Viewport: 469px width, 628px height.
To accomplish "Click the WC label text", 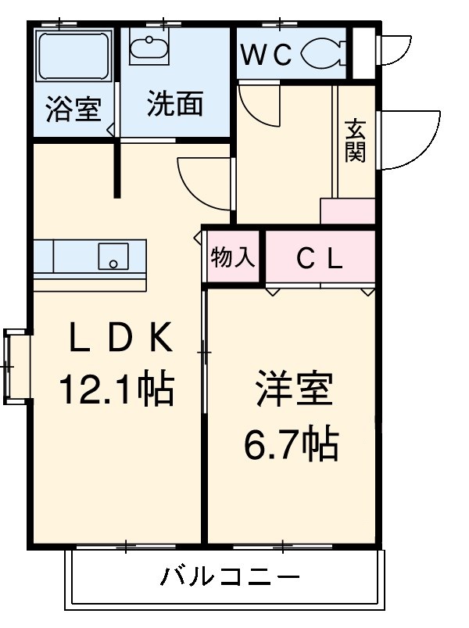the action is [x=267, y=55].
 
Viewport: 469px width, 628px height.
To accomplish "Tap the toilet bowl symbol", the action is [x=324, y=52].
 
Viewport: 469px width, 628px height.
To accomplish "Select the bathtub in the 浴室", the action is [x=73, y=56].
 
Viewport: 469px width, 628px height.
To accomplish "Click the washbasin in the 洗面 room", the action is [x=149, y=47].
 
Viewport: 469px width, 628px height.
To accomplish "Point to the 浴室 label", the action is [x=73, y=109].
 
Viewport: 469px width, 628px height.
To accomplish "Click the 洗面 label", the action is [x=175, y=104].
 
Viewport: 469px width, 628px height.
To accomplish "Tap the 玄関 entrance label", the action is [x=356, y=140].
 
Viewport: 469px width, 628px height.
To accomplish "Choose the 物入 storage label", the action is [x=232, y=257].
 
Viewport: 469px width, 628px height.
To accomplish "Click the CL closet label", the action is [x=320, y=260].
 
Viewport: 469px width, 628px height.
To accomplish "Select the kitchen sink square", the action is [x=113, y=257].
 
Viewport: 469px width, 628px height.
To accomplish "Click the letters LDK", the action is [x=121, y=337].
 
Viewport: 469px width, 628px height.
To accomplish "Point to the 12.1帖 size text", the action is [x=116, y=389].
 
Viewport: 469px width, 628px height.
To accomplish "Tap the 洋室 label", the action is [x=294, y=389].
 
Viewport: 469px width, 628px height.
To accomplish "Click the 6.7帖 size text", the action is [x=292, y=444].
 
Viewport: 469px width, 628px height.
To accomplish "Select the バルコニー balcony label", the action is [x=230, y=577].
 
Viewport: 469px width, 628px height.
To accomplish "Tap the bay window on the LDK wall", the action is [x=17, y=367].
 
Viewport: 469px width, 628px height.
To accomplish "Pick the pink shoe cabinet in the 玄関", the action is [x=347, y=210].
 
